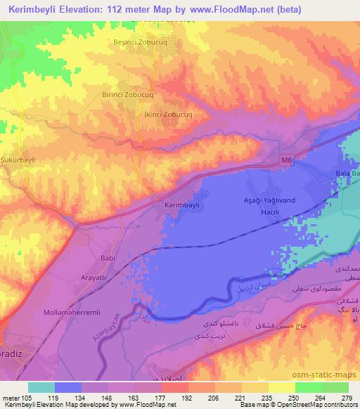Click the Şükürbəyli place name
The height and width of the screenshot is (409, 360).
(18, 160)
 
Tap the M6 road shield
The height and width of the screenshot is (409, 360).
(284, 160)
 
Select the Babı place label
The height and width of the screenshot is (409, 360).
(108, 259)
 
